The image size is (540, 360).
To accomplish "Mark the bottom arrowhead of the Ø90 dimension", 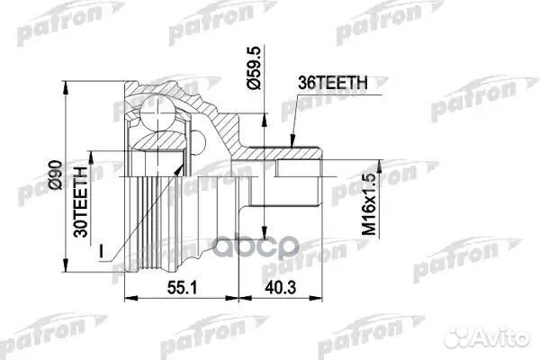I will click(x=67, y=267).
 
